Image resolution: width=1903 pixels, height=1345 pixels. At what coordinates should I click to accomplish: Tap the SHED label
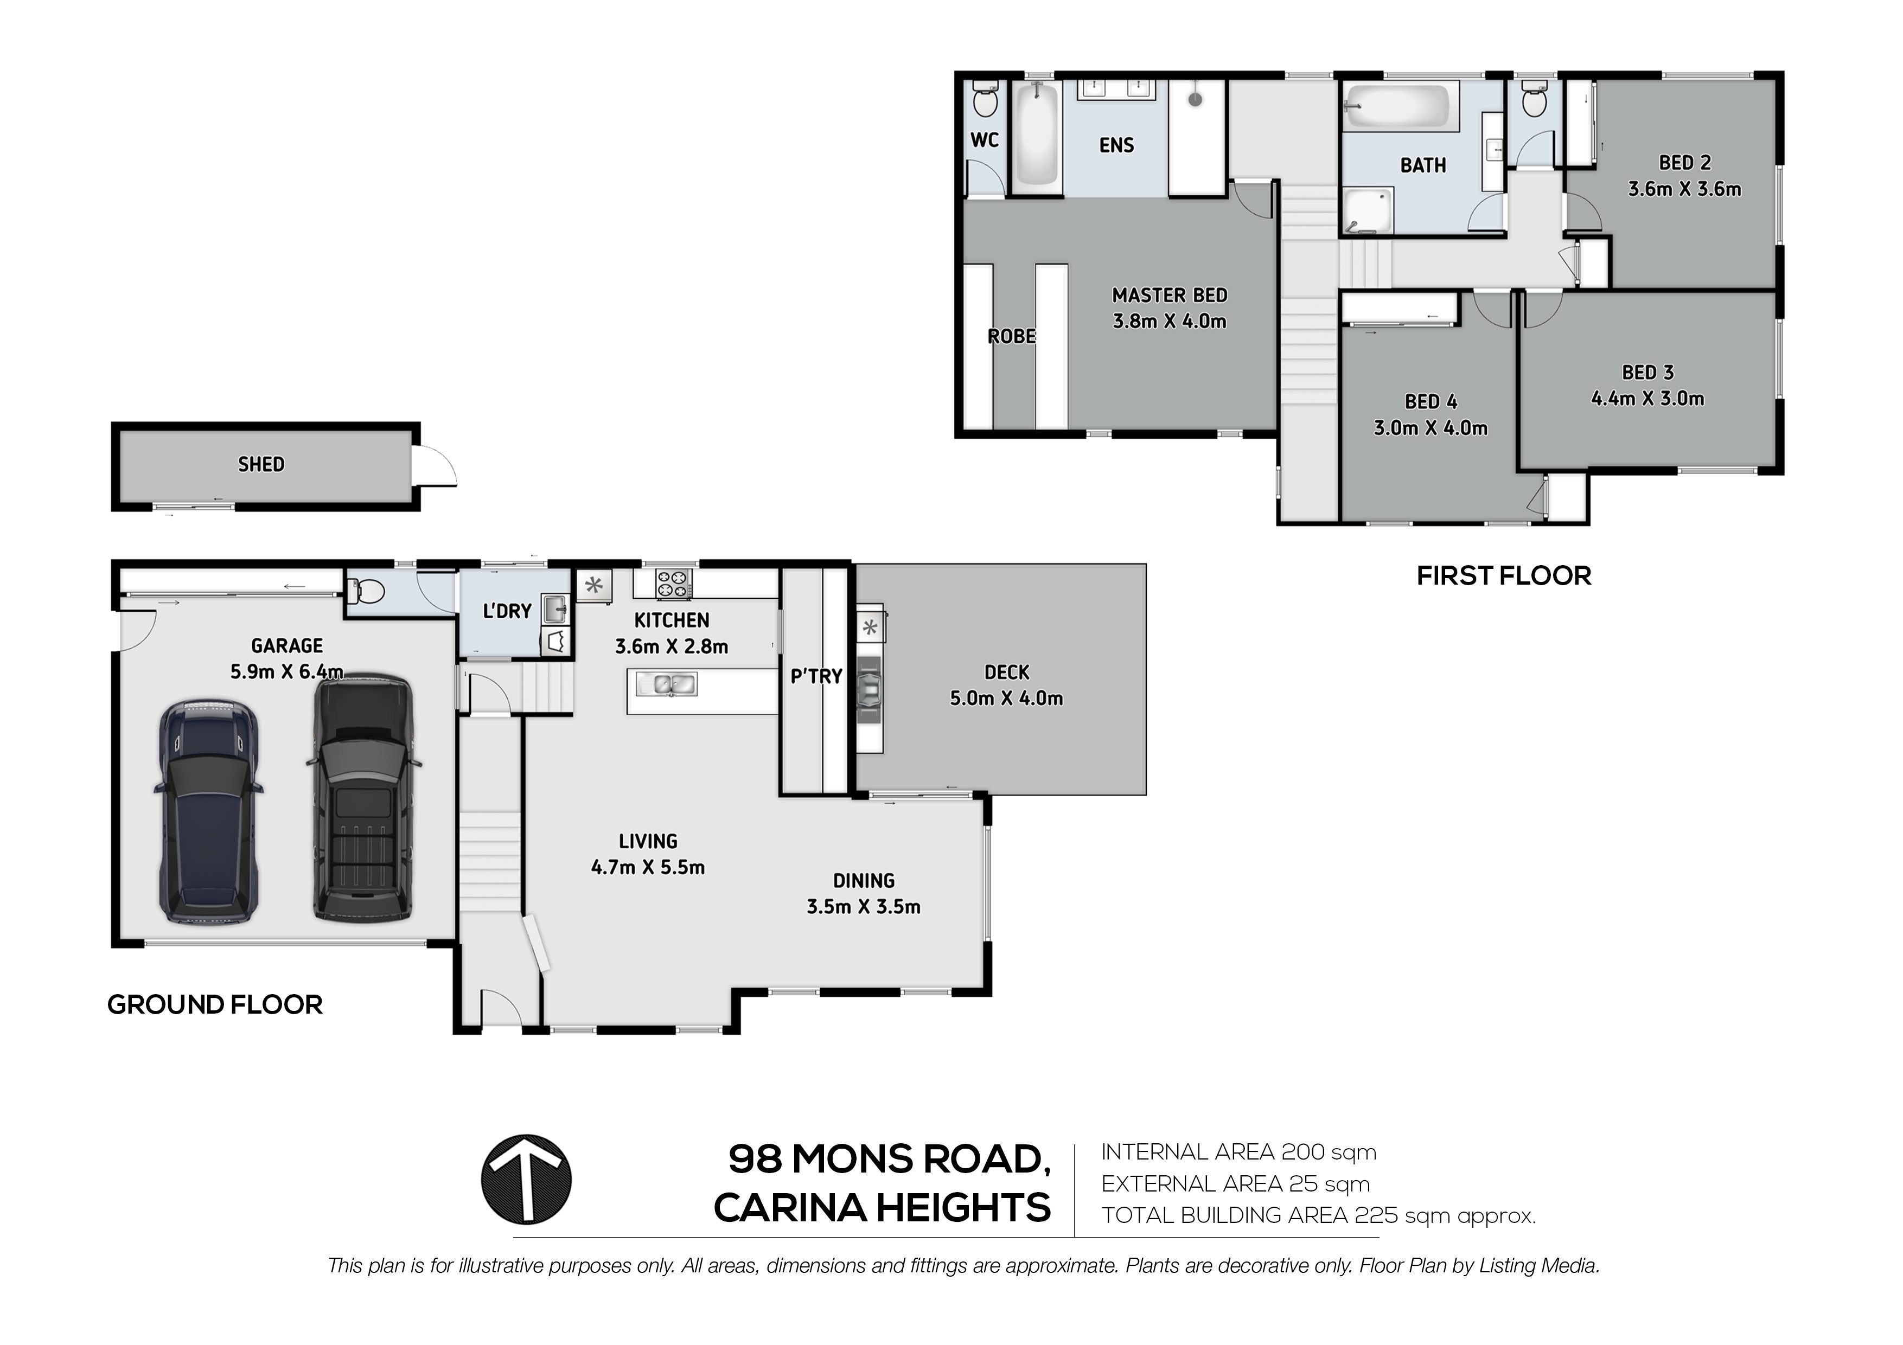[261, 465]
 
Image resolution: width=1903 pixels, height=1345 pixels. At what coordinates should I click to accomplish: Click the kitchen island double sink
[667, 684]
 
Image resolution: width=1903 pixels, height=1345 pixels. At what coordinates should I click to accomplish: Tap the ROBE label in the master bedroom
[1011, 336]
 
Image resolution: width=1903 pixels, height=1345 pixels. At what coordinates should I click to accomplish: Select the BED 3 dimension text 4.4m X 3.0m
[1647, 399]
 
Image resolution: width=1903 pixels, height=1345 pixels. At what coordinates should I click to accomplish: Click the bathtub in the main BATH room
[1396, 108]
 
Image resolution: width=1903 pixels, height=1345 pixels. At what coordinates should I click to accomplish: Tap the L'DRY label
[507, 612]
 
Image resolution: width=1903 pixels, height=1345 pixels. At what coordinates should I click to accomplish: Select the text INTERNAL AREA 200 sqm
[1238, 1152]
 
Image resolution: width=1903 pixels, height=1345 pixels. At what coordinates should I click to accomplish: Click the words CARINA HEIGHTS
[882, 1208]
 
